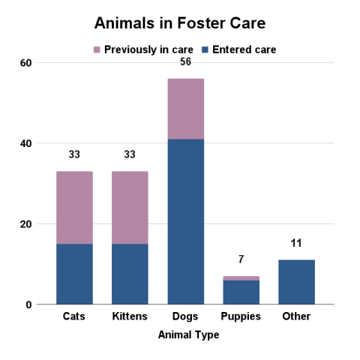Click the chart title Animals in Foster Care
tap(179, 23)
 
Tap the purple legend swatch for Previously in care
tap(97, 50)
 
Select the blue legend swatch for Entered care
tap(205, 50)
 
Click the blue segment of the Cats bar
tap(74, 274)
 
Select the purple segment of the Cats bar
tap(74, 208)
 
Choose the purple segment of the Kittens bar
tap(130, 208)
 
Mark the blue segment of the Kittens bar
tap(130, 274)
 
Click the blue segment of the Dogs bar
tap(185, 221)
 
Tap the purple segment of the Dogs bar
tap(185, 109)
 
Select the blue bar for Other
tap(296, 282)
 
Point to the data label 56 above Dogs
tap(185, 61)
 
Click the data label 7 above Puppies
tap(241, 259)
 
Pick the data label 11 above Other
tap(296, 244)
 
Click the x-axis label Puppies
tap(241, 316)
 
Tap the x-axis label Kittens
tap(130, 316)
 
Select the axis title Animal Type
tap(188, 335)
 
